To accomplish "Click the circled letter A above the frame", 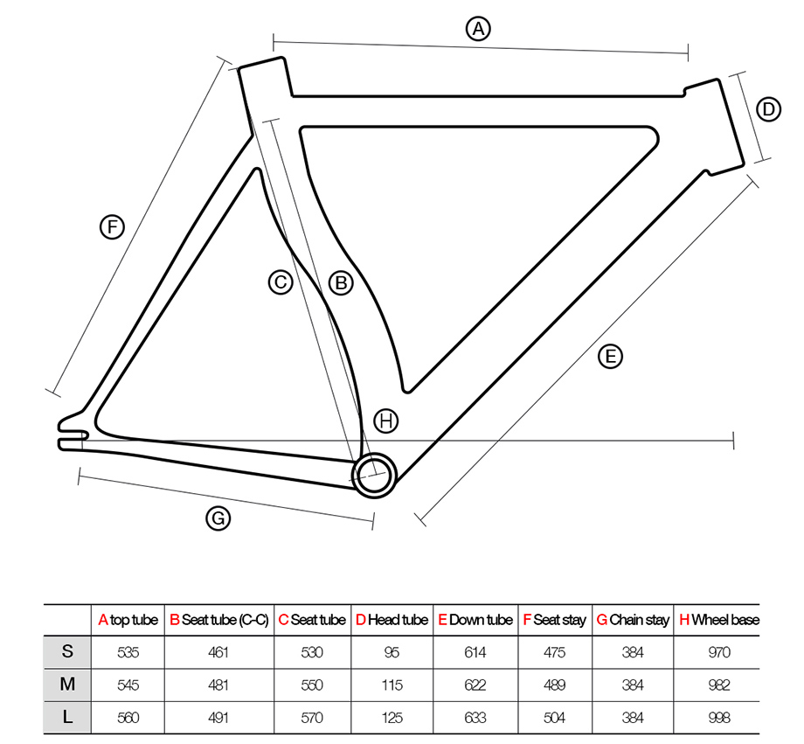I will [477, 29].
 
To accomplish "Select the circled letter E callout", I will [611, 356].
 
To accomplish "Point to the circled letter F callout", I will [112, 228].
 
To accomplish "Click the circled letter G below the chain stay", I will [218, 518].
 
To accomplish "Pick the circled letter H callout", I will [386, 421].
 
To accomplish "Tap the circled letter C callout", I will [280, 282].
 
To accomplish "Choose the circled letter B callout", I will [341, 282].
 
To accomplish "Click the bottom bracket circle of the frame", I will [375, 474].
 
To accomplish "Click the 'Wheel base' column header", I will [719, 620].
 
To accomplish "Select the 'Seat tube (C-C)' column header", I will [219, 620].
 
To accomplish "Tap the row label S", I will [67, 652].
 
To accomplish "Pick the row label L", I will [67, 718].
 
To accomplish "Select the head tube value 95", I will [392, 652].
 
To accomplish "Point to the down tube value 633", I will [475, 718].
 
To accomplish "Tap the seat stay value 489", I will [554, 685].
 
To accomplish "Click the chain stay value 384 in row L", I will [632, 718].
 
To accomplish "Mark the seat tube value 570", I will [311, 718].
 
